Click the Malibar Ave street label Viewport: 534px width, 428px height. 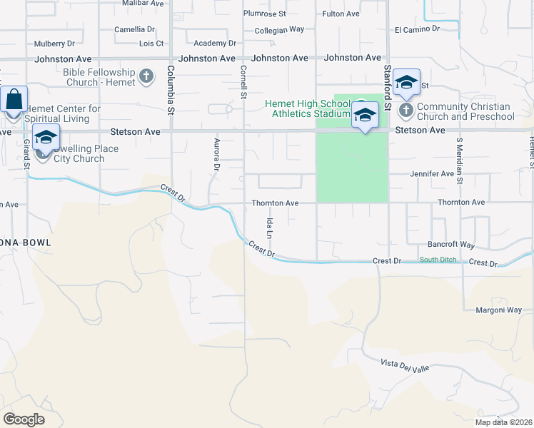[143, 4]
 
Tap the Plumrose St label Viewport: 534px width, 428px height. [264, 14]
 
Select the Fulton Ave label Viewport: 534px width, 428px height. [341, 14]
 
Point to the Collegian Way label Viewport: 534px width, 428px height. [280, 29]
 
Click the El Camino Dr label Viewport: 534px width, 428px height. [417, 29]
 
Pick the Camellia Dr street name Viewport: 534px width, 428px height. [135, 29]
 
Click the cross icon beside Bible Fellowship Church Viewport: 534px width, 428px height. [146, 76]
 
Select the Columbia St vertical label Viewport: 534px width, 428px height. [171, 91]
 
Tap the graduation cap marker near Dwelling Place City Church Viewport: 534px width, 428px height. [46, 137]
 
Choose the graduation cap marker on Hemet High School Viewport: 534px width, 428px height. [365, 115]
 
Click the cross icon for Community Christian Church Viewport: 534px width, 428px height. [405, 111]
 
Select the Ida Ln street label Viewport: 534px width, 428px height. [270, 228]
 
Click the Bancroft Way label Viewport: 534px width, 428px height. [451, 245]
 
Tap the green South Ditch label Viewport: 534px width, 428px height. [437, 260]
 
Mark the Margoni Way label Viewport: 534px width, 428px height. [498, 310]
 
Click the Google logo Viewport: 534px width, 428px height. [24, 419]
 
